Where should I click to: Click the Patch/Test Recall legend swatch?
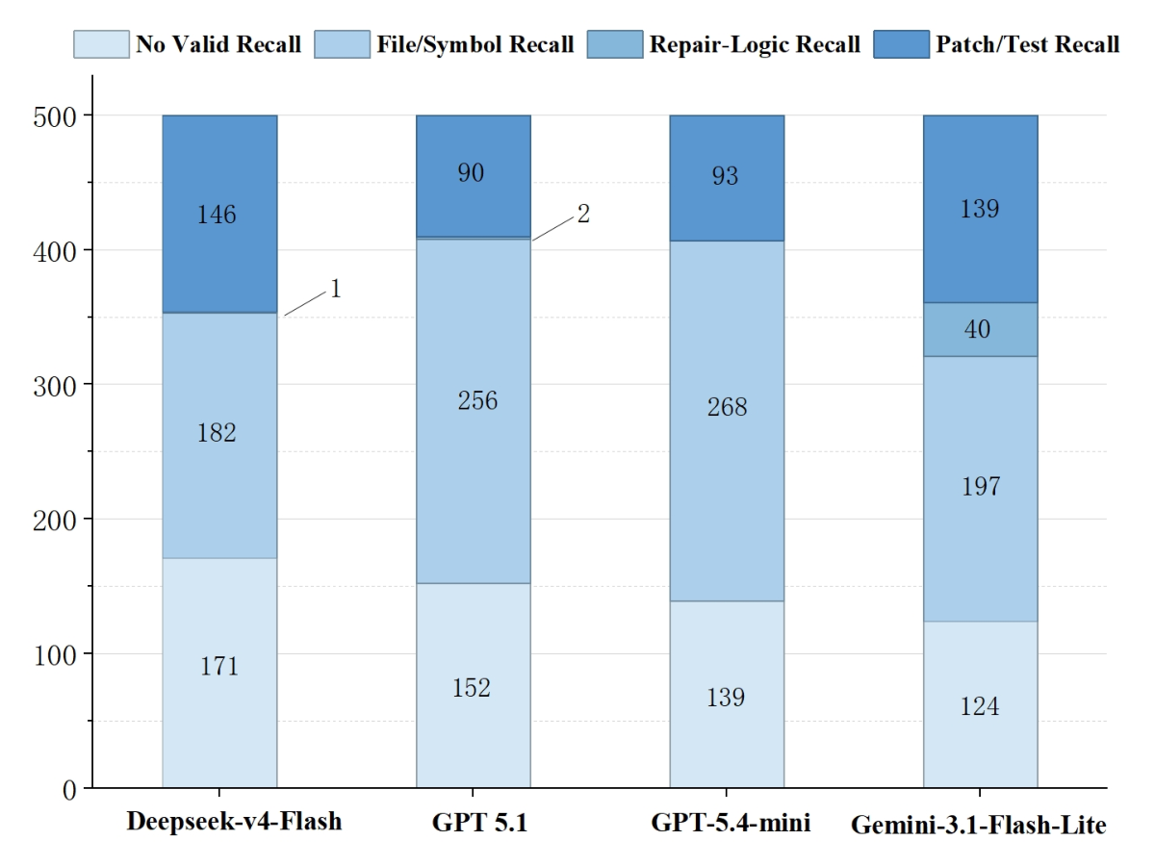901,44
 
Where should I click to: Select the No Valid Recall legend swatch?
101,44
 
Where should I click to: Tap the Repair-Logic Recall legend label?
755,44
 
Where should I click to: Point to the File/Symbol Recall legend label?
475,44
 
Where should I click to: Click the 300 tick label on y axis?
55,387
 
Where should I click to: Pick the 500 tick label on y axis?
55,117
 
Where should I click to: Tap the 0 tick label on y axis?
69,790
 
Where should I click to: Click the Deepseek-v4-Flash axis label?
234,822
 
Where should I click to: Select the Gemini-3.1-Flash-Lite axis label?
979,825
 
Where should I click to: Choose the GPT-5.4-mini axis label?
731,823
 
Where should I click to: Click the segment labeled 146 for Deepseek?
219,214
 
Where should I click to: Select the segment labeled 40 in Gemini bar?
980,330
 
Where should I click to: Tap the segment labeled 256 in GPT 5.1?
473,411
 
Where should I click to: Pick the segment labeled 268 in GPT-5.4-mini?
727,421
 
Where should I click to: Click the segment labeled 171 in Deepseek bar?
219,673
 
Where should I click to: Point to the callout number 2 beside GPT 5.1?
583,214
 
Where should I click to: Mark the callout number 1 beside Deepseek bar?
336,289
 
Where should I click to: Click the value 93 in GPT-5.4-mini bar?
725,176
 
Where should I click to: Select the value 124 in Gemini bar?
979,706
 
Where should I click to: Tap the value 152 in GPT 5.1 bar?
472,688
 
